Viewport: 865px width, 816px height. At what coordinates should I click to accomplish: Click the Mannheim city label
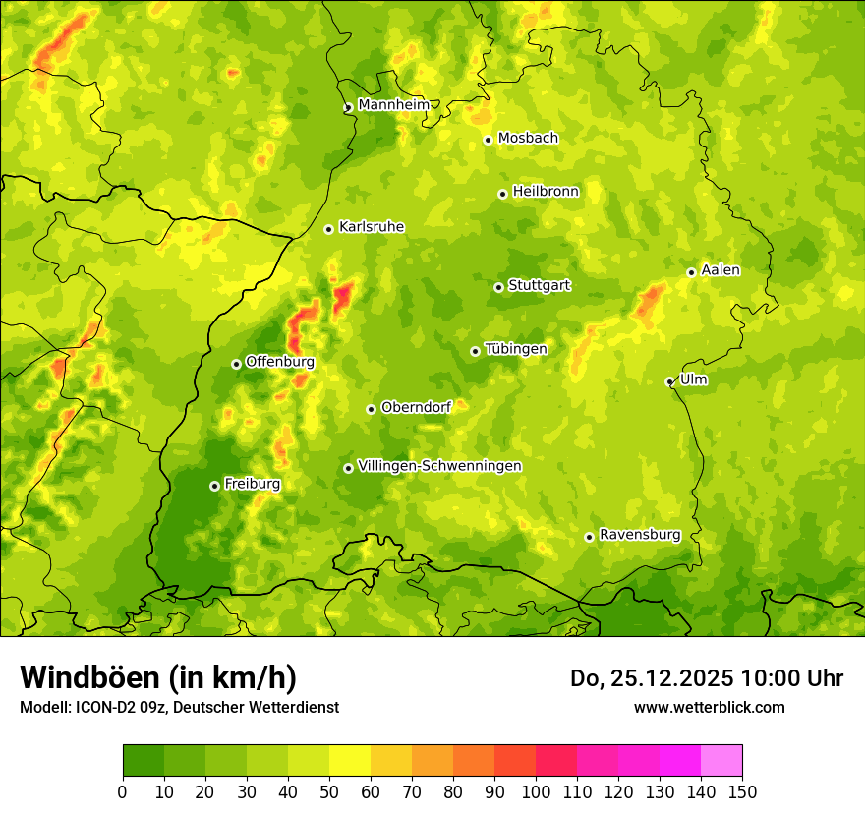point(393,105)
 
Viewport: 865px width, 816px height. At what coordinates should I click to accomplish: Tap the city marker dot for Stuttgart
point(498,287)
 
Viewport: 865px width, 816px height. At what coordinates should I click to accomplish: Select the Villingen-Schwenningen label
point(439,466)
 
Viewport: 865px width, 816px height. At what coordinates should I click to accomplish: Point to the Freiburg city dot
point(214,486)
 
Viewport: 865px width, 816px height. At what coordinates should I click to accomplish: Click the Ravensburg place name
point(639,535)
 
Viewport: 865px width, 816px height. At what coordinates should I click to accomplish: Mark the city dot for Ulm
point(669,381)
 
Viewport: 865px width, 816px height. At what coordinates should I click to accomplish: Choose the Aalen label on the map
point(721,270)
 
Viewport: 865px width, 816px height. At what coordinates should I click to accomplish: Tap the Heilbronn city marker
point(502,194)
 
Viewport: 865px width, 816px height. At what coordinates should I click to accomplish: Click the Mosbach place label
point(528,139)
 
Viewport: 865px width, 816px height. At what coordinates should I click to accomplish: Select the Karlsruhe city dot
point(328,229)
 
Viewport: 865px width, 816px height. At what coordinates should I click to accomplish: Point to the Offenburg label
point(279,362)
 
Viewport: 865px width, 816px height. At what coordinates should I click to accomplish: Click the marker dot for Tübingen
point(475,351)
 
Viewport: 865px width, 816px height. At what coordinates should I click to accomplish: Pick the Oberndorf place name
point(416,407)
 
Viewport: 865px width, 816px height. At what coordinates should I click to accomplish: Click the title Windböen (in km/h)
point(158,677)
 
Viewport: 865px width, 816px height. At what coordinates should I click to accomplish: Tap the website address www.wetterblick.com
point(709,707)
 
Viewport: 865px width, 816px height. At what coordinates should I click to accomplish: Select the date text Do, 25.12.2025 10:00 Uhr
point(706,678)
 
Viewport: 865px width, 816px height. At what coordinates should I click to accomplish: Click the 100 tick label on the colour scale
point(536,790)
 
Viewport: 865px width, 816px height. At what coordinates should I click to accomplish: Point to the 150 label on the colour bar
point(742,790)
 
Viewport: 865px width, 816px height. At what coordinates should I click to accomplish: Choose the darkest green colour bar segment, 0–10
point(144,761)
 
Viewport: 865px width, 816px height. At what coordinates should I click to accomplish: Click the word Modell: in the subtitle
point(45,707)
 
